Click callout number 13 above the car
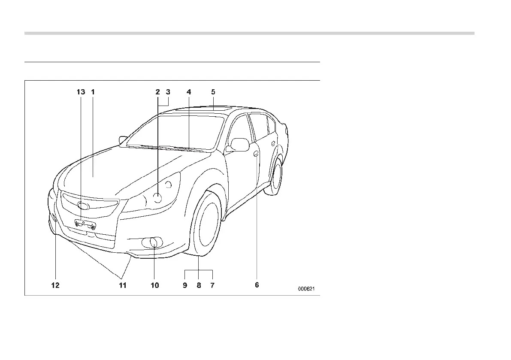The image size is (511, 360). click(81, 92)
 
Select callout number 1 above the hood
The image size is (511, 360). click(93, 92)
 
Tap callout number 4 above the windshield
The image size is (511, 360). click(189, 92)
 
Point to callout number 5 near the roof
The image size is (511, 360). click(213, 92)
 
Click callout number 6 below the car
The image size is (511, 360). click(257, 285)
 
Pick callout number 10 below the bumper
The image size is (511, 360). click(154, 285)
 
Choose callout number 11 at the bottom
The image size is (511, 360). click(123, 285)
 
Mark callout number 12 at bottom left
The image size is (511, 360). click(55, 285)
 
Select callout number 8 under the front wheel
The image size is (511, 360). click(199, 285)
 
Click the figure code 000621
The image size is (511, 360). click(307, 289)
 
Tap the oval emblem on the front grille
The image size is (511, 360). click(84, 206)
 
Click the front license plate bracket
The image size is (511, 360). click(85, 224)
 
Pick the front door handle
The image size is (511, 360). click(256, 154)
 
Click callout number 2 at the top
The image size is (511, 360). click(158, 92)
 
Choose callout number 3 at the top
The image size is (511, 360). click(168, 92)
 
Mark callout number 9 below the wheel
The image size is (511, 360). click(185, 285)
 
